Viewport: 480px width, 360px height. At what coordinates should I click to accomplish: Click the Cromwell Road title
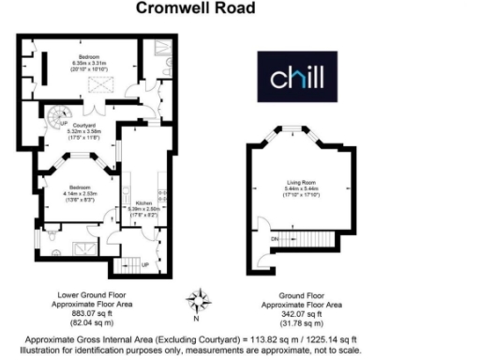tap(191, 8)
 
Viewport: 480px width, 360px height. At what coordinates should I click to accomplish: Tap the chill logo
tap(298, 79)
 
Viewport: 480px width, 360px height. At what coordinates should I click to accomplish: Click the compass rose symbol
tap(197, 300)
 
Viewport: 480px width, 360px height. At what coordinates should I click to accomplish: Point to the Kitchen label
tap(144, 202)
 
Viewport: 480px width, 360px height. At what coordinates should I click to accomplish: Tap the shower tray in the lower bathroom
tap(86, 248)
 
